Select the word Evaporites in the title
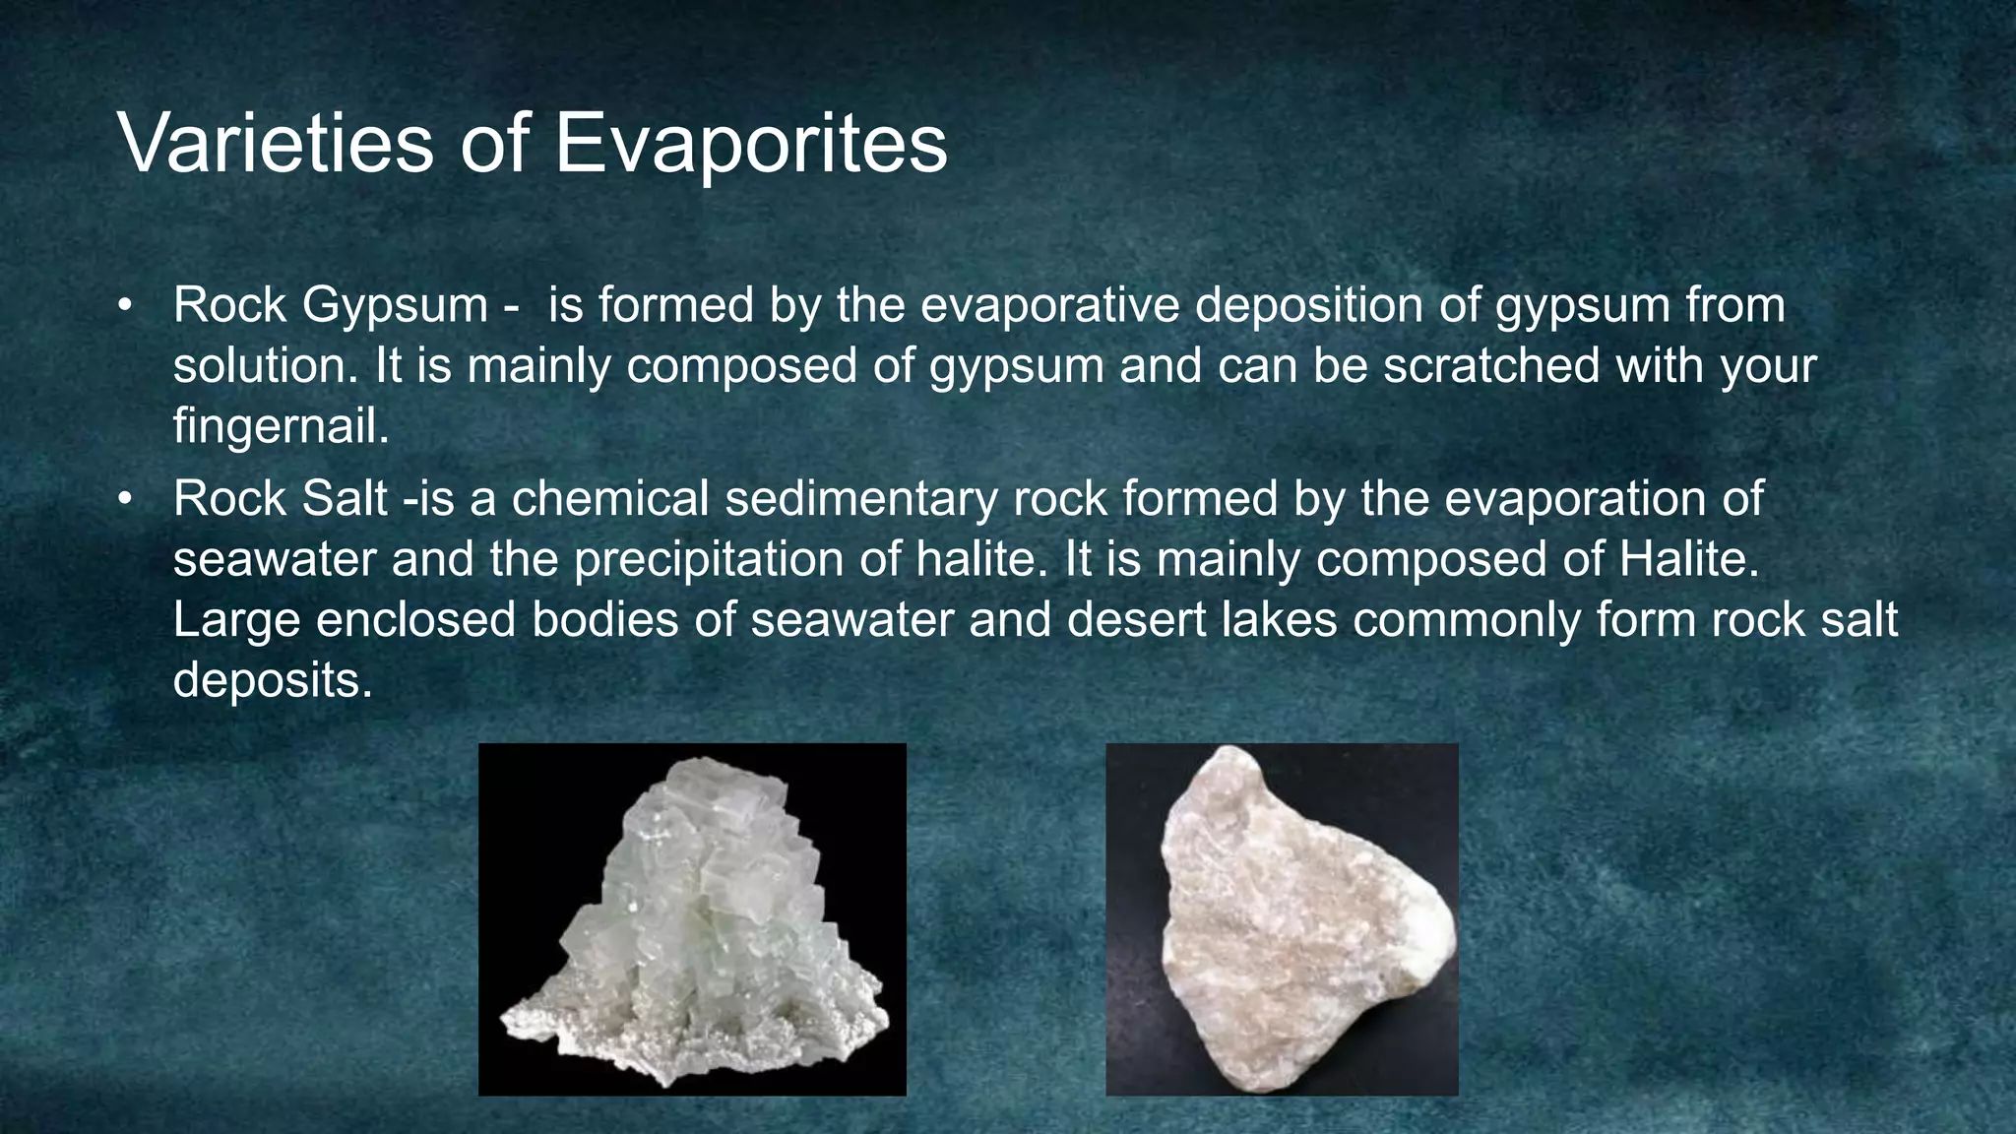pos(750,144)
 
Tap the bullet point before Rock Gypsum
pos(124,305)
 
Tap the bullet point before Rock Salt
pos(124,499)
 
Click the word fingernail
pos(281,426)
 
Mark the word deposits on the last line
pos(273,680)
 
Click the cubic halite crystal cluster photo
pos(692,919)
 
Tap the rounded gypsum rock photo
pos(1282,919)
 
